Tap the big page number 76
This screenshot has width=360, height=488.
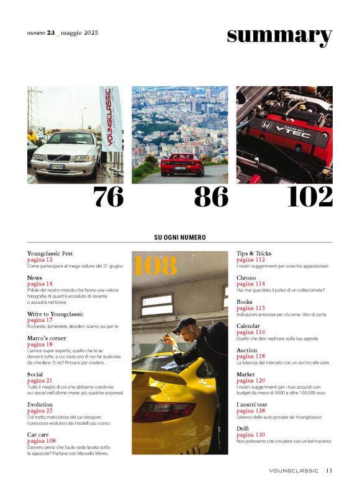(x=108, y=197)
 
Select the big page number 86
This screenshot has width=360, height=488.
(x=211, y=197)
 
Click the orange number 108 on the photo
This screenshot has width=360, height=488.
(x=155, y=266)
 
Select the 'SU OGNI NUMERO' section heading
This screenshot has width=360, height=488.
(x=180, y=237)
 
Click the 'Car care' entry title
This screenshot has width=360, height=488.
(x=38, y=435)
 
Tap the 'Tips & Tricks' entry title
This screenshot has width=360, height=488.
(x=254, y=253)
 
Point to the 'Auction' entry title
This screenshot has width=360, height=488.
(x=246, y=350)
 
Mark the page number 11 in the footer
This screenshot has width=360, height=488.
(x=329, y=471)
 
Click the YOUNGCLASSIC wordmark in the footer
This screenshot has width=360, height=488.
(x=294, y=471)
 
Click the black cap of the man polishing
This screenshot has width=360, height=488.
(x=183, y=324)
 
